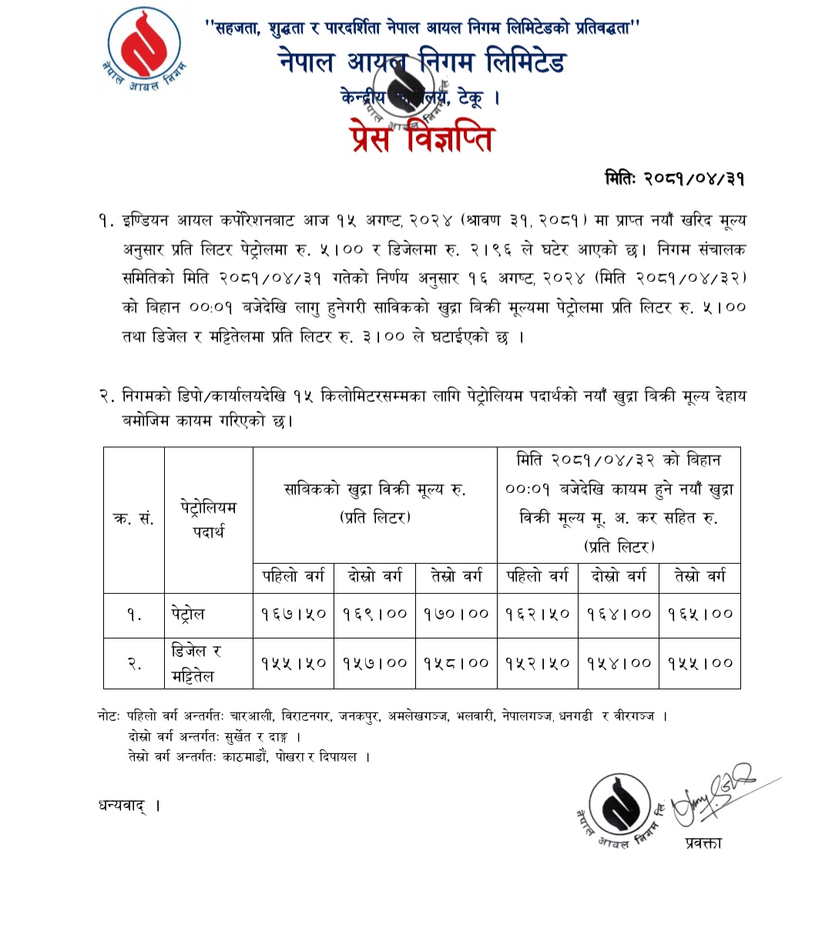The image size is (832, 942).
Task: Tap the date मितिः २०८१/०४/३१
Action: [674, 179]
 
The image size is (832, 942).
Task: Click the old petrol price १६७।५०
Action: [294, 615]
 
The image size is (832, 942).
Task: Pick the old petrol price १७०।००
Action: [456, 615]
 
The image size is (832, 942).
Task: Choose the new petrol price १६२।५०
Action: [538, 615]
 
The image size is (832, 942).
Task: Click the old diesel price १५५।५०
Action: [294, 662]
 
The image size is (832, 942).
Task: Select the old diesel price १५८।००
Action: [456, 662]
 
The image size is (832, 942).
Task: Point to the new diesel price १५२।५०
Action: [538, 662]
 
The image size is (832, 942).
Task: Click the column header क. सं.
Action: [134, 519]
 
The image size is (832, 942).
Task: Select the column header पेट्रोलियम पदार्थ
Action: [208, 519]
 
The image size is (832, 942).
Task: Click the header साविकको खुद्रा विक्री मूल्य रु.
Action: [375, 503]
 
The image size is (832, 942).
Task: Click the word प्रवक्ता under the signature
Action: [703, 843]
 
